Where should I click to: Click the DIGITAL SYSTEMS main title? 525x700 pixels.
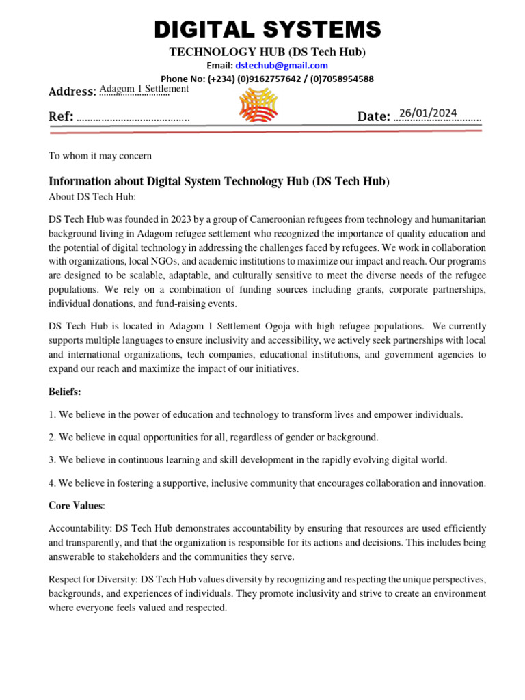tap(267, 29)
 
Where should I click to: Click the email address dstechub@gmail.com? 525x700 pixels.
tap(281, 66)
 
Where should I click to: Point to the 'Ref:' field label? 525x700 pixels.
tap(61, 117)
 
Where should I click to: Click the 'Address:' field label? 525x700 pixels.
tap(72, 92)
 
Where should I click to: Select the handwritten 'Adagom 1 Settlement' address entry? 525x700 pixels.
tap(144, 89)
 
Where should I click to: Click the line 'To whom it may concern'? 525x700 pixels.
tap(100, 156)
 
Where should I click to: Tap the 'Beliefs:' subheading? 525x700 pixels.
tap(65, 392)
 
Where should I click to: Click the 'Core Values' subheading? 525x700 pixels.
tap(75, 506)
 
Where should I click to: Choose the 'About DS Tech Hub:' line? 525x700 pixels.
tap(92, 197)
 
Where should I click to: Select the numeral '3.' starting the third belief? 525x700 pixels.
tap(53, 460)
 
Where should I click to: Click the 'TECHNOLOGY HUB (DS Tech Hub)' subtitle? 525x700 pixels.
tap(267, 53)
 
